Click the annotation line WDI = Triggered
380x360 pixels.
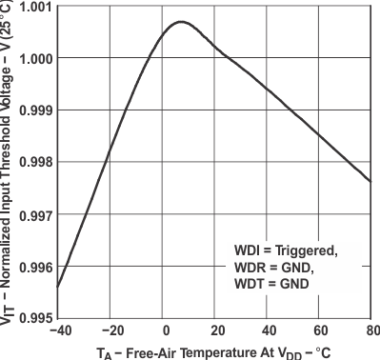click(286, 250)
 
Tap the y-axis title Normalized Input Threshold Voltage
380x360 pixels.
click(10, 162)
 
